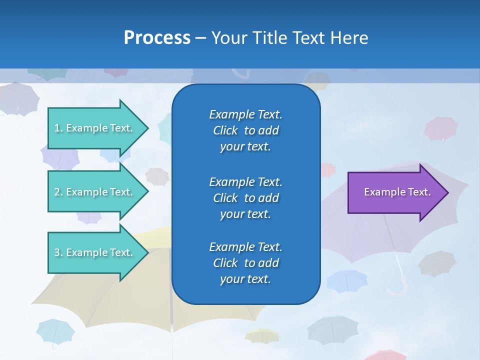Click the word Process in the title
coord(157,38)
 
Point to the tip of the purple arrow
coord(447,192)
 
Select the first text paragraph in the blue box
coord(245,130)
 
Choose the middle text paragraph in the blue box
coord(245,197)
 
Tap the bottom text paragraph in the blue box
coord(245,263)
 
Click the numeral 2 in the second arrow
coord(57,192)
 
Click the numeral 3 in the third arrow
coord(57,252)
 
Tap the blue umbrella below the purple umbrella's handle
coord(347,280)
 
